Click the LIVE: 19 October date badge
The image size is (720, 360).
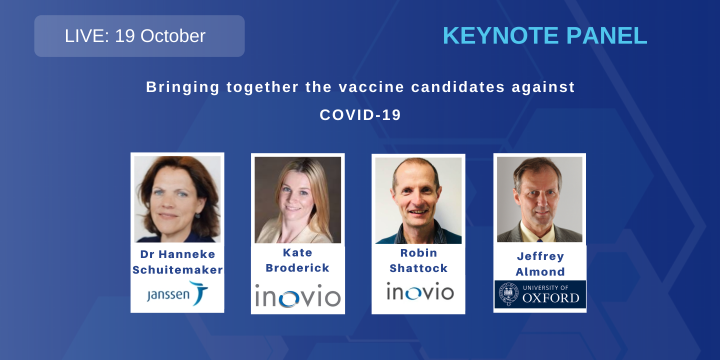(139, 36)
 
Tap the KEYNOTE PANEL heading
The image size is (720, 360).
(544, 35)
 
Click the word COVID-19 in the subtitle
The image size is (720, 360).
(360, 115)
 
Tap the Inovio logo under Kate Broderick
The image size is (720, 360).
(297, 295)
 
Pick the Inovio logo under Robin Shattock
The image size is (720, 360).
(420, 291)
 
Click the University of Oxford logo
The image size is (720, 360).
(540, 294)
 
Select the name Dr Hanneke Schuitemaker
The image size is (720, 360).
(177, 262)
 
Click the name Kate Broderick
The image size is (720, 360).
(297, 260)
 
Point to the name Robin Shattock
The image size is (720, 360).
(418, 260)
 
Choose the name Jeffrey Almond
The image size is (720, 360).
(540, 264)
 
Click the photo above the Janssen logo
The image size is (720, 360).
(177, 199)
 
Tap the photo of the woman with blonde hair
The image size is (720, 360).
(297, 200)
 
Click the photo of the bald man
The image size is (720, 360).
(418, 200)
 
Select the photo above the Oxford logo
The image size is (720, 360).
(539, 199)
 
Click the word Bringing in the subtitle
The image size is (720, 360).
(182, 87)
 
